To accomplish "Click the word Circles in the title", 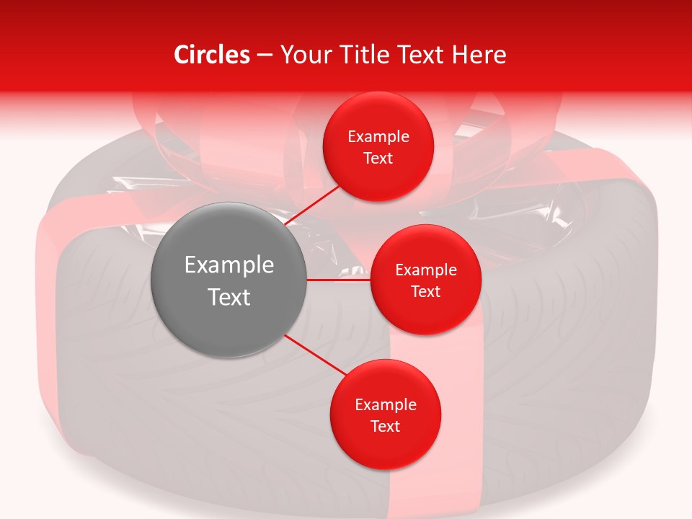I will point(212,55).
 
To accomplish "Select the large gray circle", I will point(229,280).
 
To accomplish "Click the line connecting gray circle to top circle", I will point(314,205).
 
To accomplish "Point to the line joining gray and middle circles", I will point(339,280).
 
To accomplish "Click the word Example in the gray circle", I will point(229,265).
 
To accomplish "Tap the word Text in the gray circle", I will point(229,296).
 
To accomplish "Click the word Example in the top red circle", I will point(378,136).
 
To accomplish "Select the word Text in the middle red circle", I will point(425,291).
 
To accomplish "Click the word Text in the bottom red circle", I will point(385,426).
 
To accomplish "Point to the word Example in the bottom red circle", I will point(386,404).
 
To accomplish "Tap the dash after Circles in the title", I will point(265,56).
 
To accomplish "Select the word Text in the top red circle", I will point(378,158).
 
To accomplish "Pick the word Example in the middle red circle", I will point(426,270).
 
